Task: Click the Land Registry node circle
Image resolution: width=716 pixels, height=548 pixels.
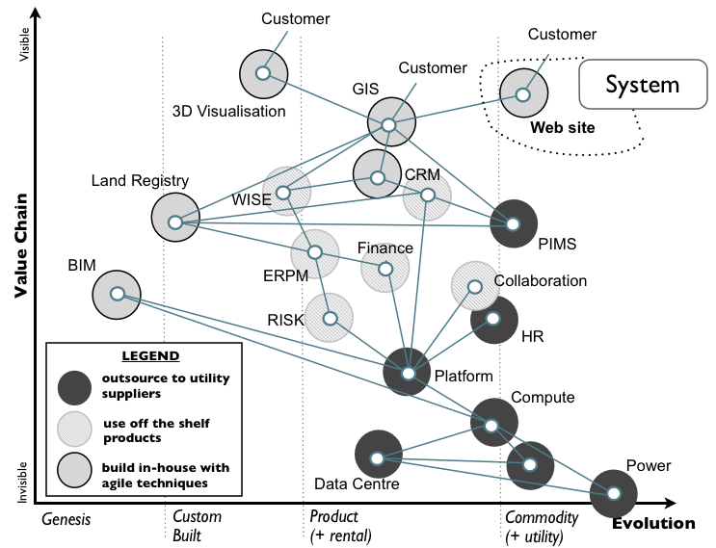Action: point(174,219)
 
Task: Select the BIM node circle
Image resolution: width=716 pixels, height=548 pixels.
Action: point(117,294)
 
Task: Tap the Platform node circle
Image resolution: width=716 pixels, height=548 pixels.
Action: point(408,372)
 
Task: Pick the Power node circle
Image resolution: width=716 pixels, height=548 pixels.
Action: point(614,493)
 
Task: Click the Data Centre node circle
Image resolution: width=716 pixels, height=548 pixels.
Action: point(378,457)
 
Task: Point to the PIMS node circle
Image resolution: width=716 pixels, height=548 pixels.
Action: point(513,223)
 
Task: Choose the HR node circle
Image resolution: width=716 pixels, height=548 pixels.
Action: point(492,319)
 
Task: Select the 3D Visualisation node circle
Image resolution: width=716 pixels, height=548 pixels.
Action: point(262,73)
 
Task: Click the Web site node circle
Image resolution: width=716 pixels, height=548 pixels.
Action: point(522,94)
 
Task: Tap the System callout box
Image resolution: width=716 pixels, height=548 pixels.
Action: point(641,85)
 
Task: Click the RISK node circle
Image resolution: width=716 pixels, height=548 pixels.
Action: point(330,318)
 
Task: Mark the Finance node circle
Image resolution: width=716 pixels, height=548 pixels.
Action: point(385,269)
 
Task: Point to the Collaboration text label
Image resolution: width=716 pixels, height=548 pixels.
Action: point(540,281)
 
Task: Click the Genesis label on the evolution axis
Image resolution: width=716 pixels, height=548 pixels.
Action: point(66,519)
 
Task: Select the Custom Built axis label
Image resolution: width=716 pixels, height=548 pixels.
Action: point(198,526)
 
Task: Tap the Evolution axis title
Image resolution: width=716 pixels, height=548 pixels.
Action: point(652,524)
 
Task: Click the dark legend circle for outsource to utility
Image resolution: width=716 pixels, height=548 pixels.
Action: point(75,385)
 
